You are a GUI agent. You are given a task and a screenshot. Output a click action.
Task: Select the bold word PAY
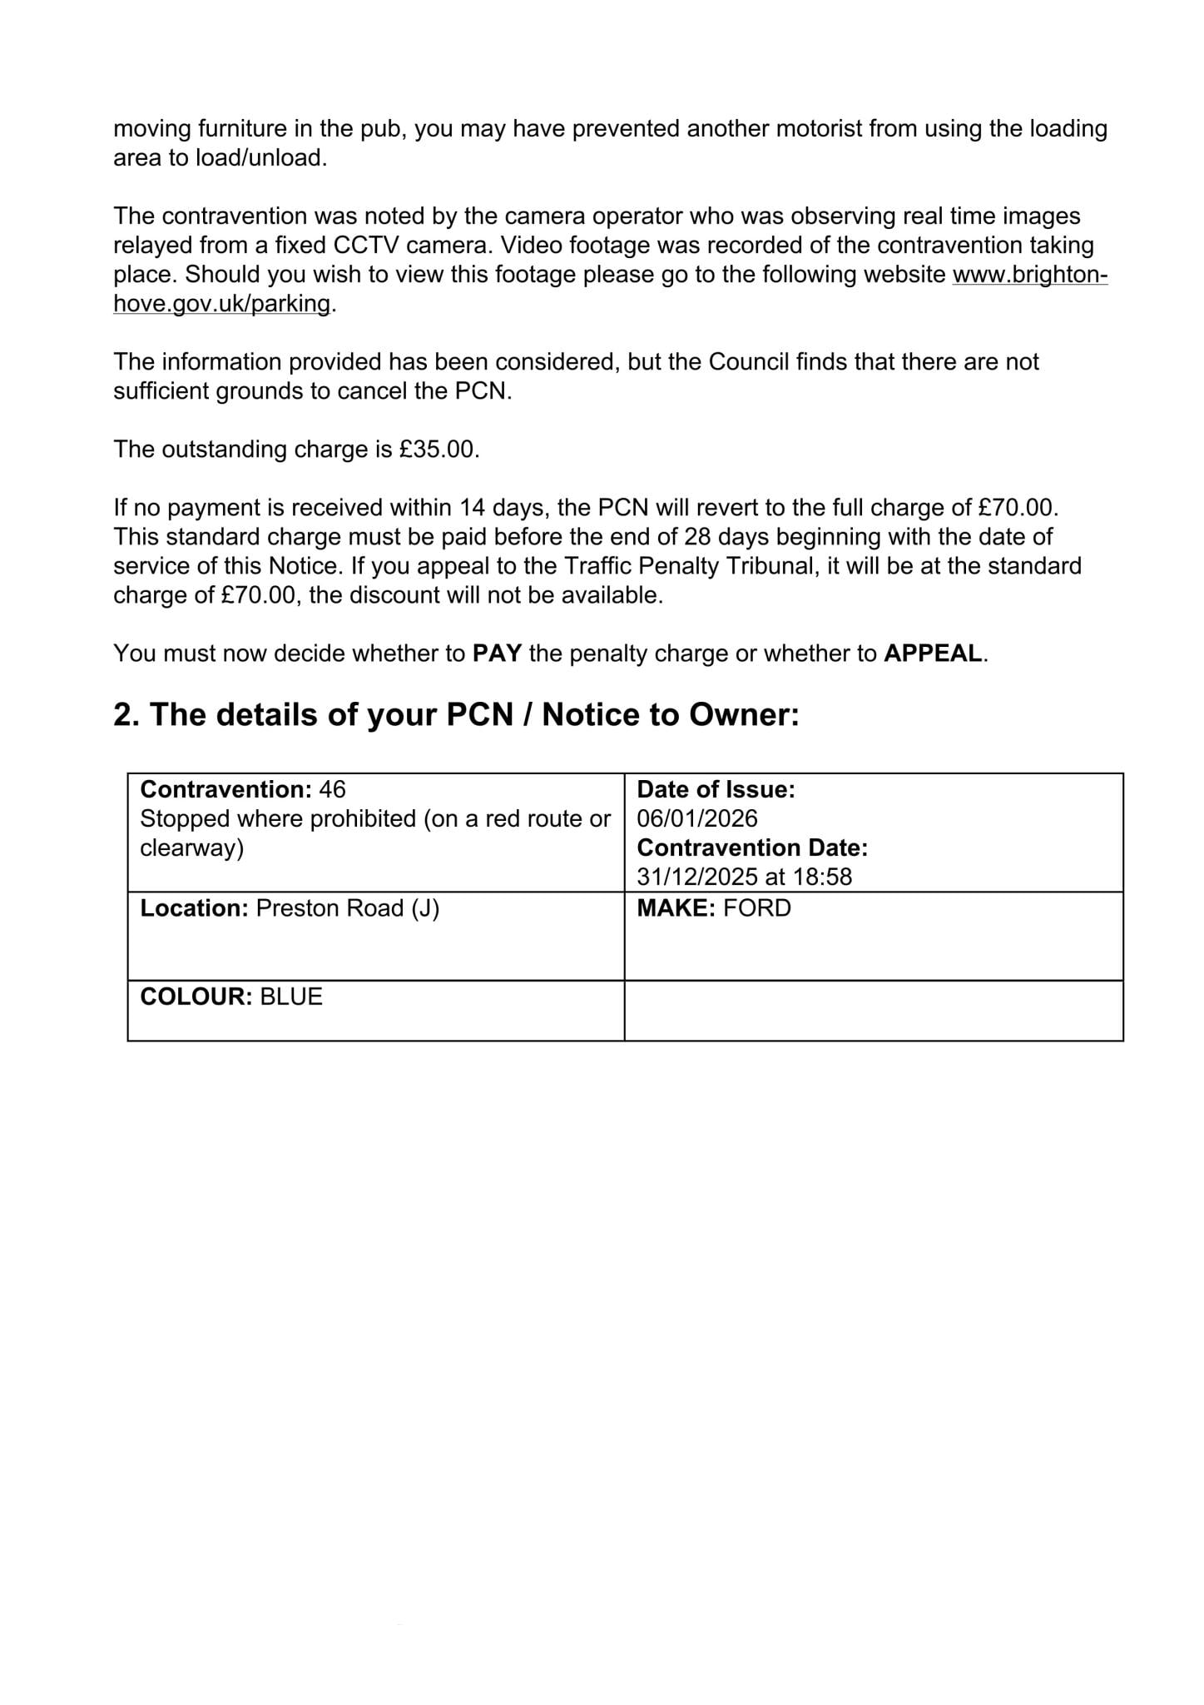(x=497, y=654)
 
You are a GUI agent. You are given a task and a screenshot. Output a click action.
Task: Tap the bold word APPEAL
(x=933, y=654)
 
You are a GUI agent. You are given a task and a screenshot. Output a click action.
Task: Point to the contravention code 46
(x=332, y=789)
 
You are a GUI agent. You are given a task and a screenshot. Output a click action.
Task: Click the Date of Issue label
(x=716, y=789)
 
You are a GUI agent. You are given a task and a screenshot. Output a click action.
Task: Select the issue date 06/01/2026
(x=697, y=818)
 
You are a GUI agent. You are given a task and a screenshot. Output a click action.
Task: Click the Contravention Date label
(x=752, y=848)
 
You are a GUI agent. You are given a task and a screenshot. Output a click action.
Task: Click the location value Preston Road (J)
(x=348, y=908)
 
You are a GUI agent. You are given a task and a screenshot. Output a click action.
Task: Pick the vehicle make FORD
(x=757, y=908)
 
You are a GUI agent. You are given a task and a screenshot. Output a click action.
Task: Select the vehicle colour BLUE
(x=291, y=997)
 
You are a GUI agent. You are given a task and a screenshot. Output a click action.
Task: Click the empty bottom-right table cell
(x=874, y=1011)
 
